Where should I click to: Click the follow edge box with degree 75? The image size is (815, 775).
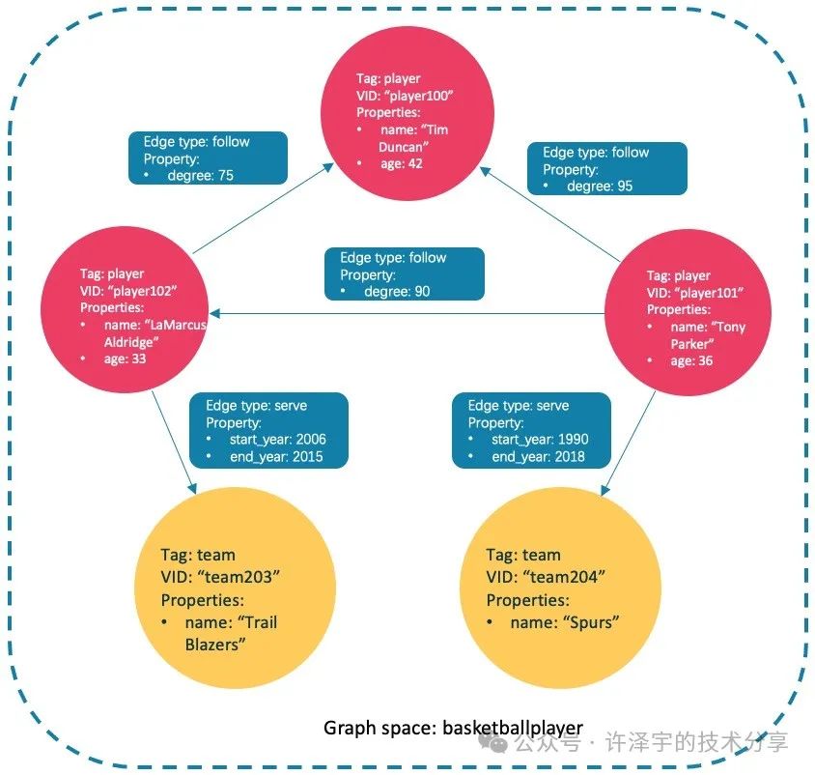click(208, 158)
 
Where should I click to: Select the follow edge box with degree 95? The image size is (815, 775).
click(606, 169)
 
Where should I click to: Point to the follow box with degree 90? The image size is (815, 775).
click(404, 274)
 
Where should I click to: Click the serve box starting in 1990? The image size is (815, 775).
click(531, 430)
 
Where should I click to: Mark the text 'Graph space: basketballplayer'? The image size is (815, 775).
click(453, 728)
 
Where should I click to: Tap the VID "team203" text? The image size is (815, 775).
click(220, 577)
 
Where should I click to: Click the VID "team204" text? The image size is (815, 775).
click(546, 577)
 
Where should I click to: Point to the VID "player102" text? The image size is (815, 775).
click(130, 292)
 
